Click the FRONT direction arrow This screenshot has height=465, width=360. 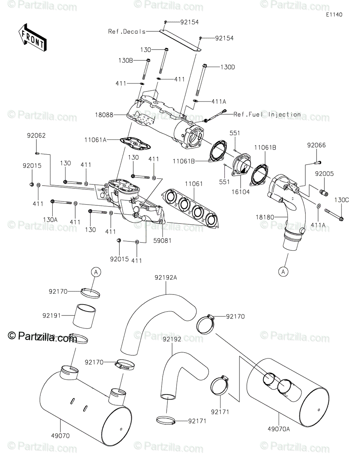pos(32,38)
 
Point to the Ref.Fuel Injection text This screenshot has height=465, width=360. pos(267,114)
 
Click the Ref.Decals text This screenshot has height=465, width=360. pos(127,32)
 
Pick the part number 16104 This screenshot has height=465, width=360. pos(241,191)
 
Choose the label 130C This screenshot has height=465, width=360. pos(342,200)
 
